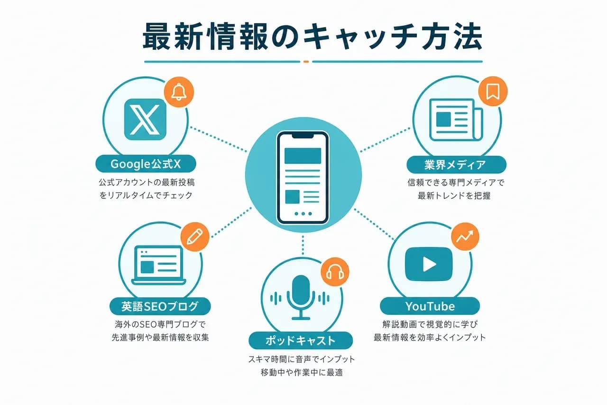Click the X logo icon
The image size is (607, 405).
[145, 119]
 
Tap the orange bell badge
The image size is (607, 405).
[179, 92]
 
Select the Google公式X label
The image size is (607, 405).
[146, 164]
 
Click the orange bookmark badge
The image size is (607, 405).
[493, 91]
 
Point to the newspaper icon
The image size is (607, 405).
[456, 120]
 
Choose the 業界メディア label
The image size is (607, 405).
[456, 165]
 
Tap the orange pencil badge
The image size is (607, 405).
[195, 236]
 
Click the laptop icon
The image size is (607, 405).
[159, 265]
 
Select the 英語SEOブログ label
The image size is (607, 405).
[160, 306]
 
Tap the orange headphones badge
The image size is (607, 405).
[335, 272]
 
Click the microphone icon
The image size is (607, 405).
[301, 297]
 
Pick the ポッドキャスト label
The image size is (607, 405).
[301, 340]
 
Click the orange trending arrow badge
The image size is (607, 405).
[465, 236]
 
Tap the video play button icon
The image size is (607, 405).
[429, 264]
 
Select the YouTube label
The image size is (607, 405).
[430, 306]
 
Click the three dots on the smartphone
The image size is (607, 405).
[303, 214]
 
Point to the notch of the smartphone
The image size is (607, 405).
[303, 136]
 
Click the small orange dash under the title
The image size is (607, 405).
[306, 62]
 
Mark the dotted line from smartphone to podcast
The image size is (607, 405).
[303, 245]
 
